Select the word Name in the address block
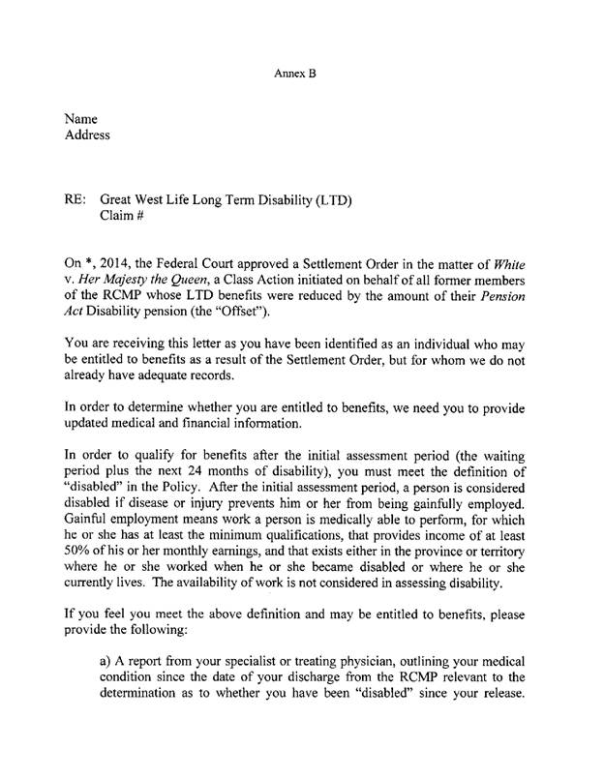coord(82,118)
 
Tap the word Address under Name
coord(87,135)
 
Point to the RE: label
coord(76,200)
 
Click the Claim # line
coord(124,218)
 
